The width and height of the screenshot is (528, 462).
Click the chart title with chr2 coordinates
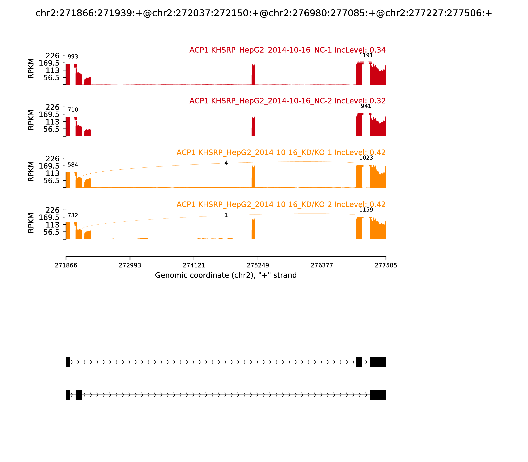(264, 13)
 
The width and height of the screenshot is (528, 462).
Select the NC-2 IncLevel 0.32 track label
(287, 101)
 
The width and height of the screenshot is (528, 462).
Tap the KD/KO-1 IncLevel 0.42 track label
(281, 153)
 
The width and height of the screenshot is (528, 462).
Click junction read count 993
(73, 57)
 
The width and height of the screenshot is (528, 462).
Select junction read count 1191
(366, 55)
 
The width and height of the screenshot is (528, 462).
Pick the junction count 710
(73, 110)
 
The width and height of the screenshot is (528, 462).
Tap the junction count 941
(366, 106)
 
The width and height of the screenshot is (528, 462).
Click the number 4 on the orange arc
(226, 163)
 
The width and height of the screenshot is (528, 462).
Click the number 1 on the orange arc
(226, 215)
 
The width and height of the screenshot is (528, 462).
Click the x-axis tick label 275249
(258, 265)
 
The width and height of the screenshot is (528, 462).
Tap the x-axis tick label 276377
(322, 265)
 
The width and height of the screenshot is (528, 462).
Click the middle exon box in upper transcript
(359, 362)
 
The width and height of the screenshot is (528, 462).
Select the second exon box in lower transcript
(79, 395)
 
